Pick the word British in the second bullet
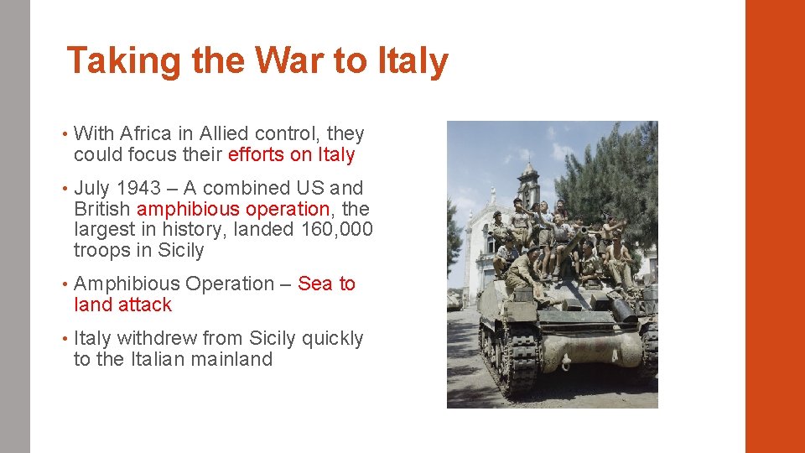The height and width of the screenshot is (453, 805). (102, 209)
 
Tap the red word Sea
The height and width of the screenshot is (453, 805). (315, 284)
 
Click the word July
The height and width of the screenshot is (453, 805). (92, 188)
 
